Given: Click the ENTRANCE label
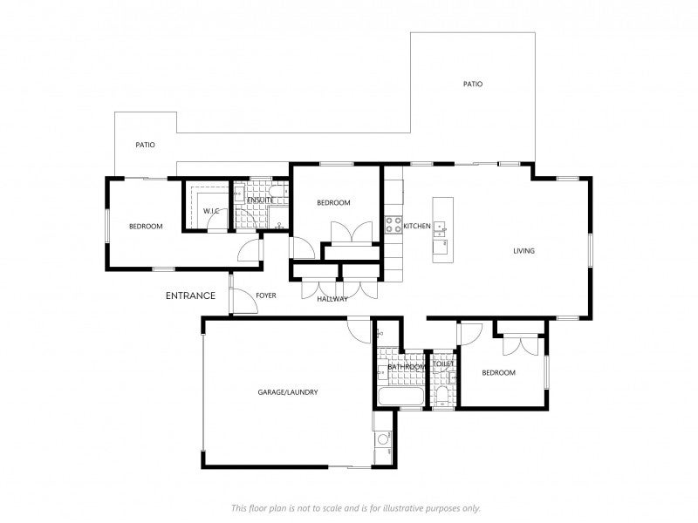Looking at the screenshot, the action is point(190,295).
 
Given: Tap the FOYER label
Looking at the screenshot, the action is point(266,295).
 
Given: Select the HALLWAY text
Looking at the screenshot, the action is point(332,299).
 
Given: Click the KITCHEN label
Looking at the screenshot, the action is point(417,226).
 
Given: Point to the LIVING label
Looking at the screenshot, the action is point(524,251).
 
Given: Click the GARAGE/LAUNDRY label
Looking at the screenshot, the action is point(288,392).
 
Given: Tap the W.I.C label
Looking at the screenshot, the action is point(211,211).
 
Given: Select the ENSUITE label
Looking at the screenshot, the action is point(260,200).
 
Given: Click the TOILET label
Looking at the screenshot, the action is point(443,363).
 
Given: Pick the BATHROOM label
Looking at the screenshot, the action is point(407,367).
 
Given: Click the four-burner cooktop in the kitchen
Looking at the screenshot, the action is point(393,225).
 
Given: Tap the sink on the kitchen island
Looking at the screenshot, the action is point(441,228).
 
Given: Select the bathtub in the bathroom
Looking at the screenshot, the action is point(400,396).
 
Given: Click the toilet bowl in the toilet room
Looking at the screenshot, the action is point(442,396).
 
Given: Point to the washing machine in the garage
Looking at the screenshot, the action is point(383,440).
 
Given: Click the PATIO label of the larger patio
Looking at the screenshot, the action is point(473,84).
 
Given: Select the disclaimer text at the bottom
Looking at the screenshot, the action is point(356,508).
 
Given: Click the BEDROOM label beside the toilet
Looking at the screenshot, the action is point(498,373).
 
